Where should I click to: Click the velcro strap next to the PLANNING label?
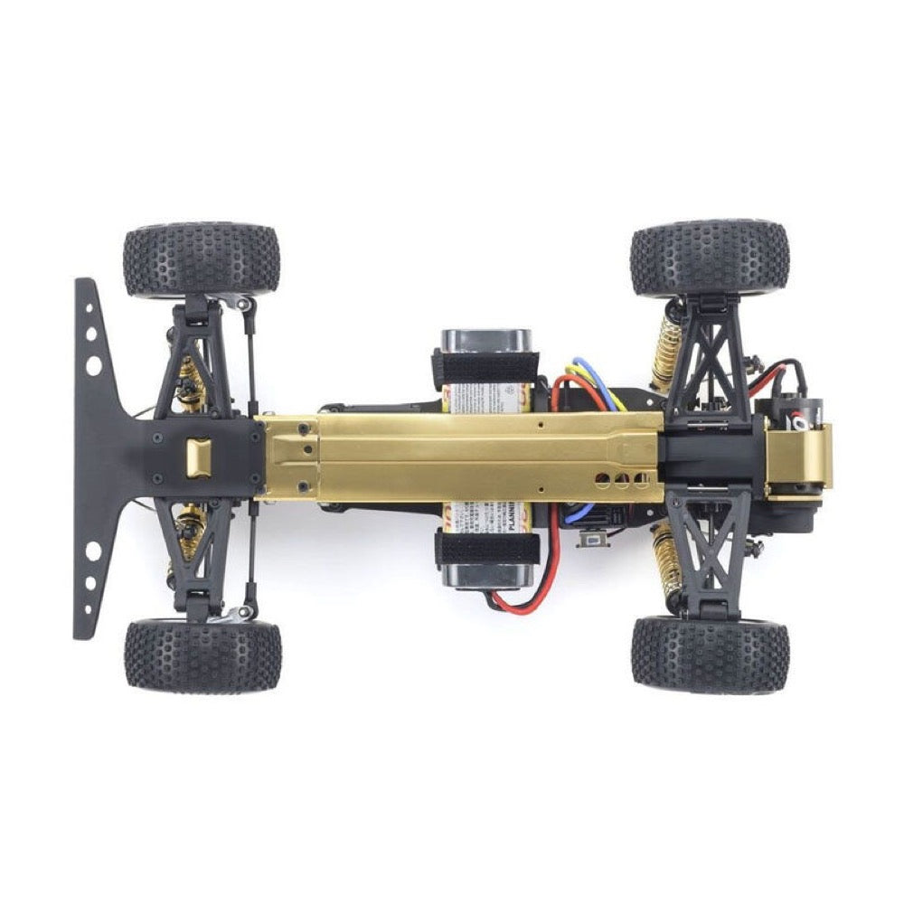[x=486, y=549]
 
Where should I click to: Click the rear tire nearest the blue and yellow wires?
[x=710, y=258]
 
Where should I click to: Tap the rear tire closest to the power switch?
[x=710, y=655]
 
